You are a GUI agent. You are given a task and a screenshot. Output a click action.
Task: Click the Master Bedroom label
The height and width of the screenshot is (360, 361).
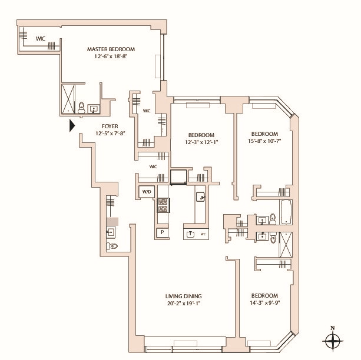[111, 49]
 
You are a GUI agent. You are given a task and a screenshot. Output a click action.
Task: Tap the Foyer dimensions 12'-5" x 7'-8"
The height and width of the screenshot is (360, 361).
[110, 133]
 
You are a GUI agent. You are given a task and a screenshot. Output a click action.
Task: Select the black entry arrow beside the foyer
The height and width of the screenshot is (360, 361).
[72, 126]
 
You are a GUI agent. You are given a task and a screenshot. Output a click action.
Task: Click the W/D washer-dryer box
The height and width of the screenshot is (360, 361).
[147, 191]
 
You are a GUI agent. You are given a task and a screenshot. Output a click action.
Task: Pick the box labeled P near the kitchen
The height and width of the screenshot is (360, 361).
[163, 232]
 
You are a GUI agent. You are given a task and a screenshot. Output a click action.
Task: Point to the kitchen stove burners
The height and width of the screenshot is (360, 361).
[163, 205]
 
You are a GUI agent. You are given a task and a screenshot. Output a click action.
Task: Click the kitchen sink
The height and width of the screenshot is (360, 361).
[200, 197]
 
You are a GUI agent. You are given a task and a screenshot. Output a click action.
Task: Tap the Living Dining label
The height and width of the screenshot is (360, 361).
[184, 296]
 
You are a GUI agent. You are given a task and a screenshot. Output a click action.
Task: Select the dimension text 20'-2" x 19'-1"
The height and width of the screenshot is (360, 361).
[184, 304]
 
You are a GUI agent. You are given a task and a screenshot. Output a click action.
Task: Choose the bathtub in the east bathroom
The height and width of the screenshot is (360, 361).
[286, 212]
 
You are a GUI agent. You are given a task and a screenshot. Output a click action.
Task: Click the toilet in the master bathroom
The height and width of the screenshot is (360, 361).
[81, 108]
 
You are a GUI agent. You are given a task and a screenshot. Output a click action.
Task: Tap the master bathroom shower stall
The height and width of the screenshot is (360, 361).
[68, 99]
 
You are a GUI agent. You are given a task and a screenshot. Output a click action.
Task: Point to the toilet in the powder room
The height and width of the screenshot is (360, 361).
[112, 246]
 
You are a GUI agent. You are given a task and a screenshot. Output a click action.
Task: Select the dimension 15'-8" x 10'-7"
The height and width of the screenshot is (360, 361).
[265, 141]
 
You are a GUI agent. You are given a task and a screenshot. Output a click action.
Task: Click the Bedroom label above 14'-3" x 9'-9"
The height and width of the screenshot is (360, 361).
[264, 296]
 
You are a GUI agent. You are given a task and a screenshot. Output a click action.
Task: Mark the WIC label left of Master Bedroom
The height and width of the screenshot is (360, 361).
[41, 39]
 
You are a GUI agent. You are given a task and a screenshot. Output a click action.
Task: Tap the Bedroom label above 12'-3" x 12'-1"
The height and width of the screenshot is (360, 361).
[201, 135]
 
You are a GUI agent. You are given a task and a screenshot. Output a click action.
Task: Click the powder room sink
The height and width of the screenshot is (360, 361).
[111, 232]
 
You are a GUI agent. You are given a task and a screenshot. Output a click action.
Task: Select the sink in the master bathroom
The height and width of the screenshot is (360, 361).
[94, 109]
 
